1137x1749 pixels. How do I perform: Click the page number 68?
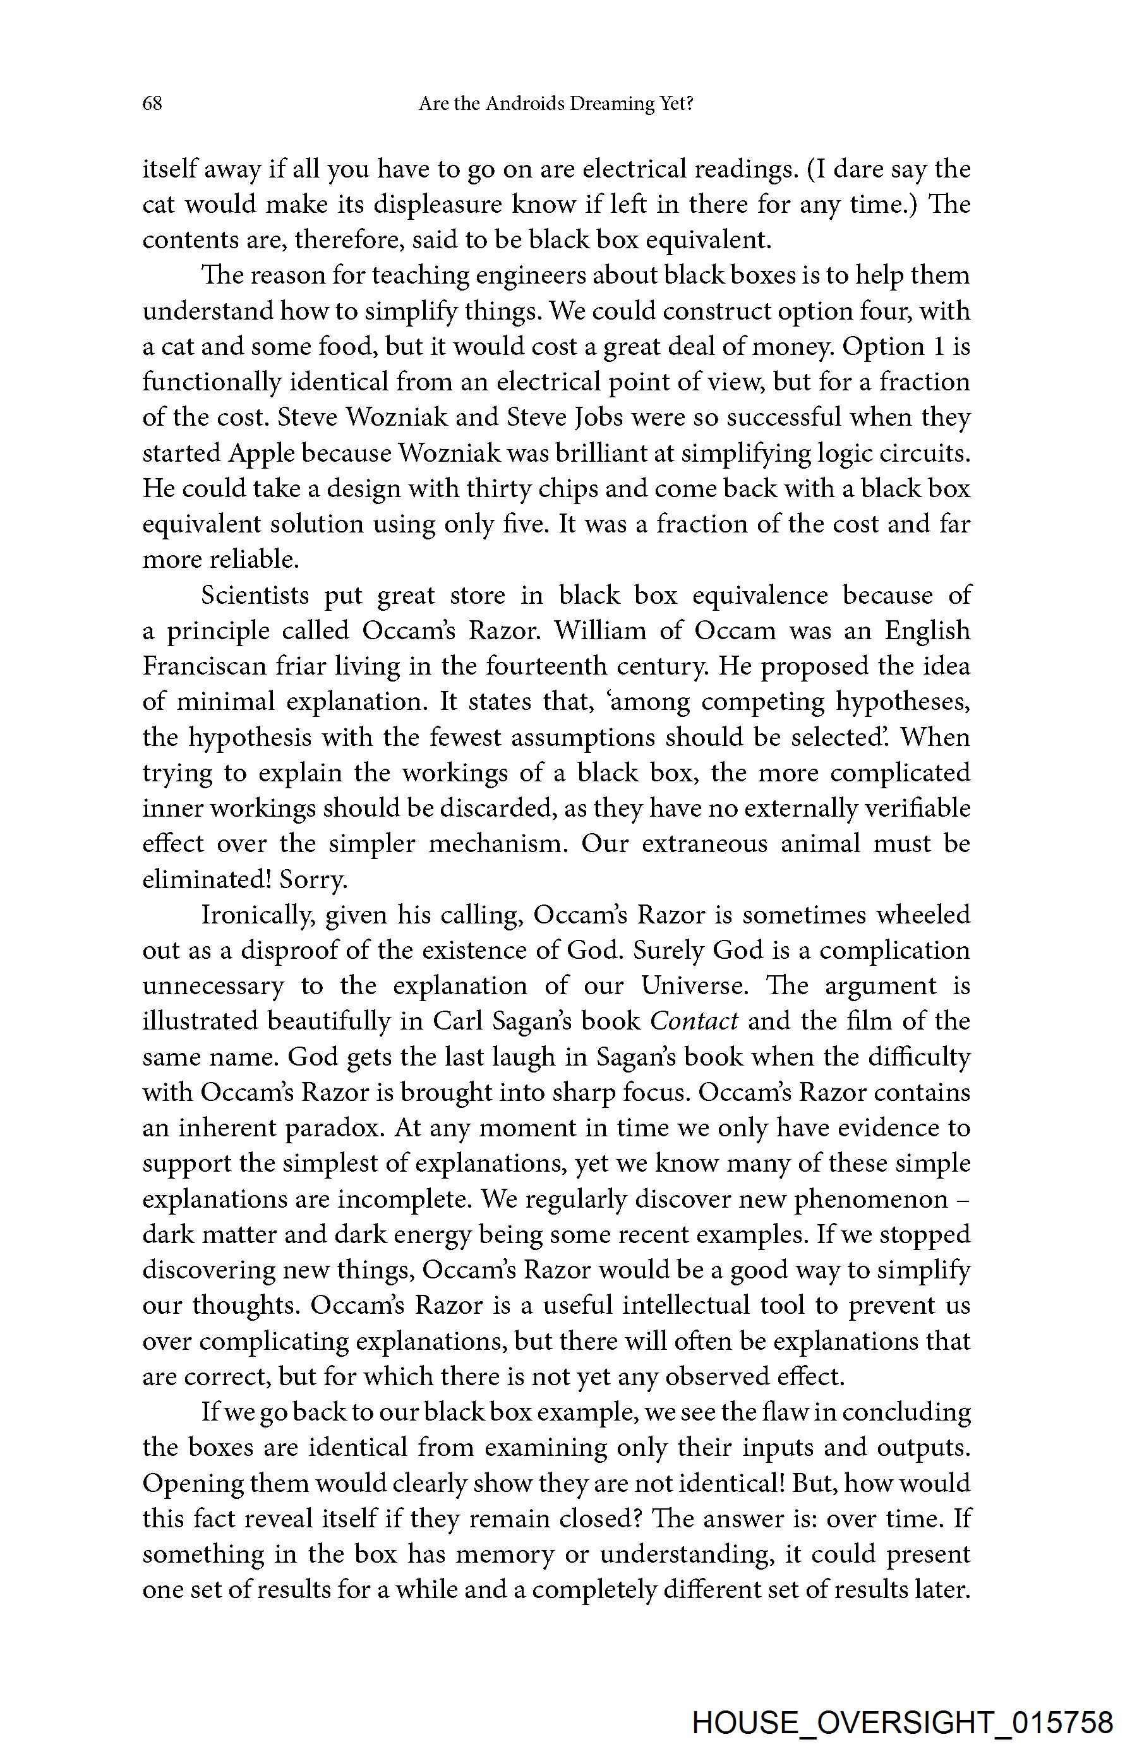pos(152,104)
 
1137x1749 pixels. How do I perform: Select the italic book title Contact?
pos(694,1021)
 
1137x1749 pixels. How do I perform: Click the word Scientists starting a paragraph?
pos(255,595)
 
